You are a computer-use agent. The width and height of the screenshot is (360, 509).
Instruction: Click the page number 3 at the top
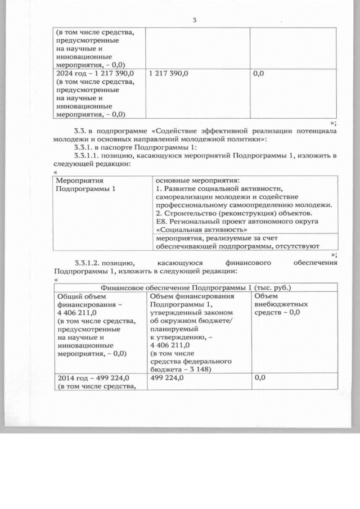coord(194,21)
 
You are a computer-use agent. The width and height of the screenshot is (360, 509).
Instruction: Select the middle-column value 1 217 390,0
coord(169,74)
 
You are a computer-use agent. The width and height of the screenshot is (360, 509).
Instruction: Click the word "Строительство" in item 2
coord(190,213)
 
